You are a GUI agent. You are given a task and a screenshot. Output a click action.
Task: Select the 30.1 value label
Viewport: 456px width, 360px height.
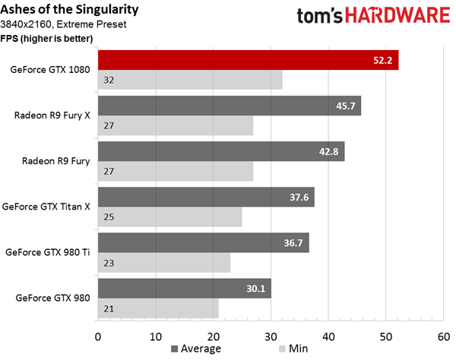257,289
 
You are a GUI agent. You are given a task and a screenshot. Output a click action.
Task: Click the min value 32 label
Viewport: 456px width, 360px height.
108,80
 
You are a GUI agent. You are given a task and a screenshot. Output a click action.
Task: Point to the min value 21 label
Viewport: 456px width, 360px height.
108,308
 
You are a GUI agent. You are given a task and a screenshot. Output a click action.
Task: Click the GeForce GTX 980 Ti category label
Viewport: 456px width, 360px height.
47,251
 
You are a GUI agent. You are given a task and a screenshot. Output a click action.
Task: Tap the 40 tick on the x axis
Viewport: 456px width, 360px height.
328,335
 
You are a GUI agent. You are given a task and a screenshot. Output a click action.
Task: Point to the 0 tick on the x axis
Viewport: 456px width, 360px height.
98,335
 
